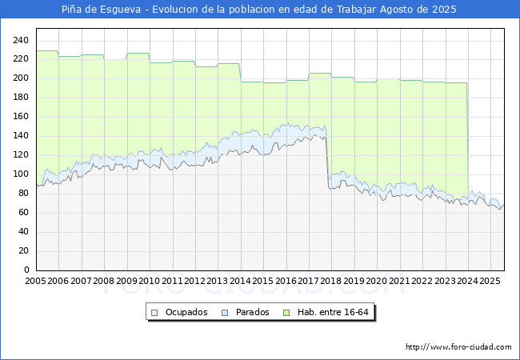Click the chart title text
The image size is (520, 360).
(x=260, y=10)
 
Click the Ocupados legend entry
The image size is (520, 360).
(x=186, y=312)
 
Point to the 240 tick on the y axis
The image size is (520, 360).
(x=22, y=40)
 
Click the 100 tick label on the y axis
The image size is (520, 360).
(x=22, y=174)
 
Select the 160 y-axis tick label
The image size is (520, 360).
(x=22, y=117)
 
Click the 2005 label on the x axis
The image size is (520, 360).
(x=36, y=281)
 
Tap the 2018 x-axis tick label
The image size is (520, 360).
(x=331, y=281)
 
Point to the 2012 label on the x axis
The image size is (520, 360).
(x=194, y=281)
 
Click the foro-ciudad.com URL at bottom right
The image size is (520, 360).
(x=458, y=347)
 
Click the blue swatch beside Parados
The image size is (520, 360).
(x=226, y=312)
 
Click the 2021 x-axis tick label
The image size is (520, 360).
(x=399, y=281)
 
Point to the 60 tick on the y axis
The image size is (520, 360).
(x=24, y=213)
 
